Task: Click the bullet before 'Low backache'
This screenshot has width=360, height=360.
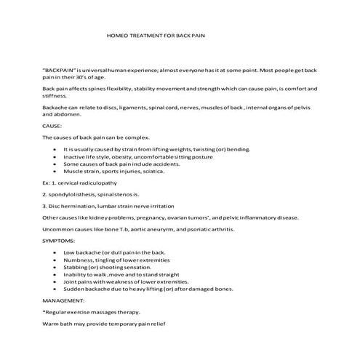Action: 56,251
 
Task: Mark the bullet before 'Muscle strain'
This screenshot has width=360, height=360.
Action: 56,172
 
